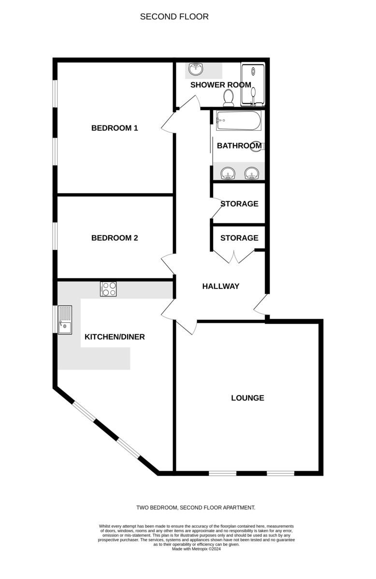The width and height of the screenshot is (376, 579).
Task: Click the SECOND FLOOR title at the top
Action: click(174, 16)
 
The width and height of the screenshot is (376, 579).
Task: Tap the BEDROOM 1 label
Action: click(115, 128)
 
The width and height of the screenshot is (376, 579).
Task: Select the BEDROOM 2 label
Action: click(115, 238)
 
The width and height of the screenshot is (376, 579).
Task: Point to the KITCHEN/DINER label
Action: click(115, 337)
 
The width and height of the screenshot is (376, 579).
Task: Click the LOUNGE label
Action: click(247, 398)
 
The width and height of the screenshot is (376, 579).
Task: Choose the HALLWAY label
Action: click(221, 286)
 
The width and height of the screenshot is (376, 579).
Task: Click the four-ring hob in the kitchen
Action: click(108, 289)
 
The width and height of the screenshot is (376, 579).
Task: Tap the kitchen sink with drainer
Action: click(65, 320)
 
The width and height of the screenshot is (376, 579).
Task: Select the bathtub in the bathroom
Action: click(238, 121)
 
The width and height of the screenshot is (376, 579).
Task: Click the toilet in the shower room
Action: click(229, 98)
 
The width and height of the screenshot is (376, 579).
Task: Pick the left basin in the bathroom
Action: click(228, 173)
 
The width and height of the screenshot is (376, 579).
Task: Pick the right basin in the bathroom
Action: click(252, 173)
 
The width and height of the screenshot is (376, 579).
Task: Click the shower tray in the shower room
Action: click(253, 84)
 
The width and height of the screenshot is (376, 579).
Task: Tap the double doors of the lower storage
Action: click(233, 256)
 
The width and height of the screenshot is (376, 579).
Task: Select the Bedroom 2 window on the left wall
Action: click(55, 236)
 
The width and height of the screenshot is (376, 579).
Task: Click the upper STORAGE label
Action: click(239, 204)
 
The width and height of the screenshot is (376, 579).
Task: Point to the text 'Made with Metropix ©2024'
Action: click(196, 549)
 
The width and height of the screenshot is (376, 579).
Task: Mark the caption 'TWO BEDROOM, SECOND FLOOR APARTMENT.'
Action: click(196, 508)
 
